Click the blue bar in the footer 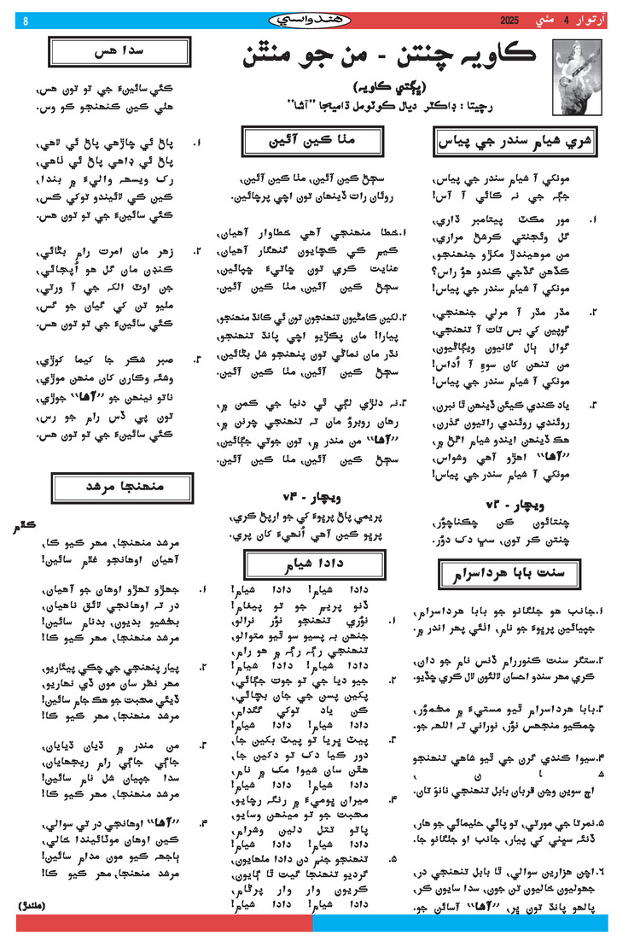point(460,923)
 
